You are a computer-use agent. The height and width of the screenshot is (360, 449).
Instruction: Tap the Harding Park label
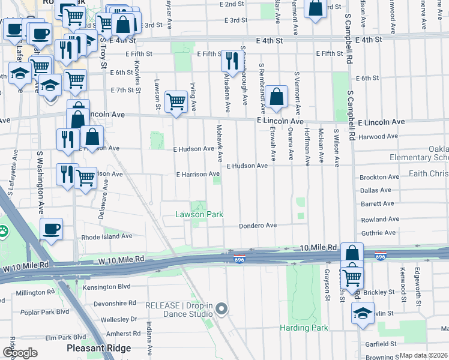[304, 328]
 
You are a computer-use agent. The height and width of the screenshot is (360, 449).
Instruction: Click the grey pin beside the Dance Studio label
[221, 309]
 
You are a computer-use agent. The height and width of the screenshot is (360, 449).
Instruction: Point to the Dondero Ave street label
[257, 226]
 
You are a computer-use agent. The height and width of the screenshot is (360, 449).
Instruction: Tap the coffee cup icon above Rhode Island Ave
[51, 229]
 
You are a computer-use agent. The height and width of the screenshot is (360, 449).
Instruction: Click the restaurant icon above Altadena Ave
[231, 60]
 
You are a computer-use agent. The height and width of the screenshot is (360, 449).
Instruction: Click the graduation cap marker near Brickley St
[363, 313]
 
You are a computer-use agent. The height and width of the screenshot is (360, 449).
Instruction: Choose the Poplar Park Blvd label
[45, 312]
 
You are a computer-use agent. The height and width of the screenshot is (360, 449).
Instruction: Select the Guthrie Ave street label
[378, 233]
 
